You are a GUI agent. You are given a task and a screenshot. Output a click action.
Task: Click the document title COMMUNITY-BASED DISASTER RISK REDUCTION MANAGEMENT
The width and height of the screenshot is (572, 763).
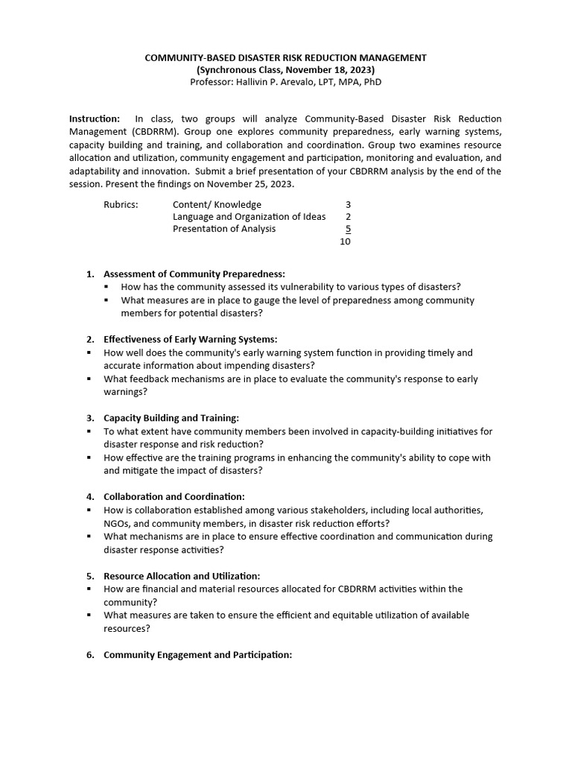point(285,57)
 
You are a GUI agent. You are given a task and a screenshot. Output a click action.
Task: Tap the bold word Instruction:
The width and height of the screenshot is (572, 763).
point(95,119)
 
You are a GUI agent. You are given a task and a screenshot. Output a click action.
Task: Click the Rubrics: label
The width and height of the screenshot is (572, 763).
point(121,204)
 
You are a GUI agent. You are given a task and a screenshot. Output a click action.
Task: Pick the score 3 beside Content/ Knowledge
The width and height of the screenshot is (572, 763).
point(348,204)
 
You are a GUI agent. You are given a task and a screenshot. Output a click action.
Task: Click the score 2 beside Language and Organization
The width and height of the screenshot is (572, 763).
point(348,217)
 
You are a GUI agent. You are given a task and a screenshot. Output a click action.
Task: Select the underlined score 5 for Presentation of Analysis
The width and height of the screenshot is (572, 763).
point(348,229)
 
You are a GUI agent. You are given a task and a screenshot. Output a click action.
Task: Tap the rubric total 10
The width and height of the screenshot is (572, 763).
point(345,241)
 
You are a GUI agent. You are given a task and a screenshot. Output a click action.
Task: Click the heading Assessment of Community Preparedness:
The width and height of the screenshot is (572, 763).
point(194,273)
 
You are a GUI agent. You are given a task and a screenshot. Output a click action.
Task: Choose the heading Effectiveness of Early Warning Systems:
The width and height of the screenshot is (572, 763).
point(190,339)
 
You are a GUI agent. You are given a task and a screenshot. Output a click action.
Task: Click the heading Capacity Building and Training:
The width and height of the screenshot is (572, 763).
point(171,418)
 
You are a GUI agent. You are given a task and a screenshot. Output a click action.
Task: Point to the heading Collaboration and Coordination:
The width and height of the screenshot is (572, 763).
point(174,496)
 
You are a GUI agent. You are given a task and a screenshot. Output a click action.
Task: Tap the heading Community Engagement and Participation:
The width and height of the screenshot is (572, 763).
point(197,654)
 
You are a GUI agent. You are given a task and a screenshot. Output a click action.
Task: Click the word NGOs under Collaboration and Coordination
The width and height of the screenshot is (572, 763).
point(117,523)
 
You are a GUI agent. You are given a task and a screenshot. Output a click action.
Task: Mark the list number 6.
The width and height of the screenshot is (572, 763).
point(90,654)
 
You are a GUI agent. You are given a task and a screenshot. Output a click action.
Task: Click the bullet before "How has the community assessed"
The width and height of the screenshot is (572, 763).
point(107,287)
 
